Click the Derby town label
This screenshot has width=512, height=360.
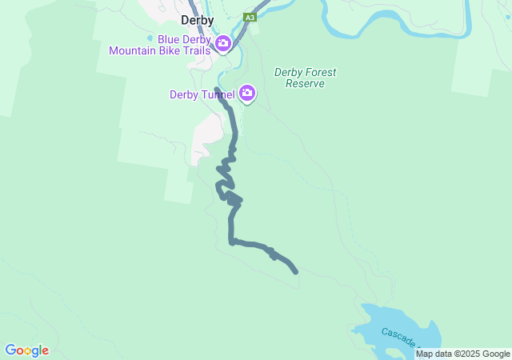(x=197, y=21)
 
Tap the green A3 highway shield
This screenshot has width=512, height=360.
(x=250, y=17)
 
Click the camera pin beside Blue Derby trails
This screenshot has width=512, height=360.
(x=223, y=43)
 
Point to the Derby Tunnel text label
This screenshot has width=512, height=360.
(x=202, y=94)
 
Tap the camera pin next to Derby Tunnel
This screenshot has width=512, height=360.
(x=247, y=94)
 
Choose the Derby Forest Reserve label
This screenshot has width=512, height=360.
(x=305, y=78)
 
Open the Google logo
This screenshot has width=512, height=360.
(x=26, y=350)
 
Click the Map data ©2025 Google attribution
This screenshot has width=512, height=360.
(x=462, y=354)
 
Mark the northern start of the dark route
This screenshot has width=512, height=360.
(x=218, y=89)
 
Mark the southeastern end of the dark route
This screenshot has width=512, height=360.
(x=296, y=272)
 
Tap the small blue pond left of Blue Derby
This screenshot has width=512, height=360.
(x=150, y=38)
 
